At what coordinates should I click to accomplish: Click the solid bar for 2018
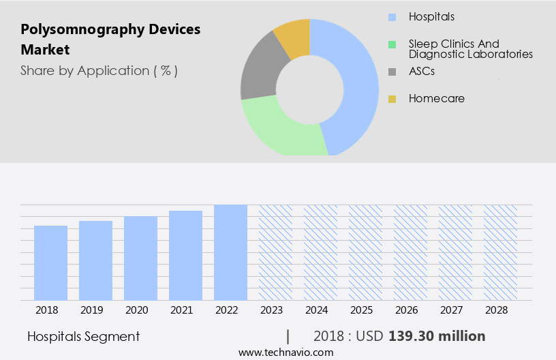point(50,262)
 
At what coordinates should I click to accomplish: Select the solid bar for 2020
point(140,258)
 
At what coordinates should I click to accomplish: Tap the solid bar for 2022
point(230,252)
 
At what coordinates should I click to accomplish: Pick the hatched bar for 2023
point(275,252)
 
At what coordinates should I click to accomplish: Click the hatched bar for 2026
point(410,252)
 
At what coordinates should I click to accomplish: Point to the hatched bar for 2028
point(500,252)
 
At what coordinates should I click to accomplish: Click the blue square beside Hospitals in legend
point(392,17)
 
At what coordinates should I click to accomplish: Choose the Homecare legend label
point(436,99)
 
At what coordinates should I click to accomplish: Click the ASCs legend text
point(422,71)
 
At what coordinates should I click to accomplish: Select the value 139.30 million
point(437,336)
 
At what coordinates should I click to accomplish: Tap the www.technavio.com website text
point(285,352)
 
